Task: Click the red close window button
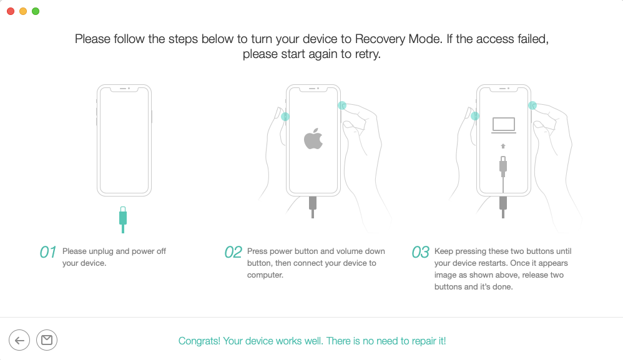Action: click(11, 11)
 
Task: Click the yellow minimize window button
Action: click(23, 11)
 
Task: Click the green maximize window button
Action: click(36, 11)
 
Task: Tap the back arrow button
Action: click(19, 340)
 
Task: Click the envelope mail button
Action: click(47, 340)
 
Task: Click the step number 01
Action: click(47, 252)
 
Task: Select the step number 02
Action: click(233, 252)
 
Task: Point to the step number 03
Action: click(420, 252)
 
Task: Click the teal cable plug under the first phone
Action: click(123, 220)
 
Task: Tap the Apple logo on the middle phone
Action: click(313, 139)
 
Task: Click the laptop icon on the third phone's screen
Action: click(503, 125)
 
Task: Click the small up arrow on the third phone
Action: click(503, 146)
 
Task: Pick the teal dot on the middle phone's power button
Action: click(342, 105)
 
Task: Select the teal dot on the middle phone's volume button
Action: click(285, 117)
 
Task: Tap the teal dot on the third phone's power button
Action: click(532, 105)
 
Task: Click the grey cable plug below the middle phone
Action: click(313, 207)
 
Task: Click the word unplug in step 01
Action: click(101, 251)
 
